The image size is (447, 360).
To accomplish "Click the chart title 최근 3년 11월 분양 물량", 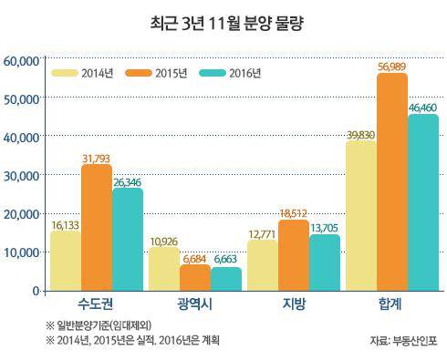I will click(x=223, y=21).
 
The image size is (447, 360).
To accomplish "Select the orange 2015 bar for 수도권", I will click(x=96, y=228).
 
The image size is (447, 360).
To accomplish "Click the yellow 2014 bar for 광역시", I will click(x=163, y=269).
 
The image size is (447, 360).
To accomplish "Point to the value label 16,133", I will click(x=64, y=223).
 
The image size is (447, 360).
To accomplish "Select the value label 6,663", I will click(x=228, y=260).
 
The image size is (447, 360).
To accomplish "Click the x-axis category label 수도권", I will click(x=96, y=303).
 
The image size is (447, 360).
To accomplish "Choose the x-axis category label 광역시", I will click(x=194, y=303).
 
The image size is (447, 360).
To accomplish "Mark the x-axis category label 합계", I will click(x=390, y=303).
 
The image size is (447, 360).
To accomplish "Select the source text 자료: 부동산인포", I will click(x=403, y=342).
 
